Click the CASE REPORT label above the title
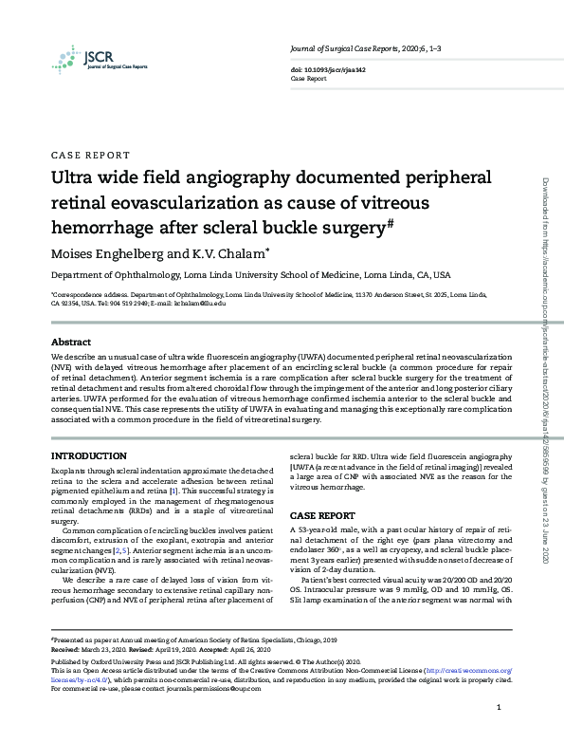point(90,154)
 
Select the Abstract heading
point(70,342)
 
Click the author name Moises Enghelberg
point(113,253)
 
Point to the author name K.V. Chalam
point(234,253)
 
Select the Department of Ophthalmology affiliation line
point(250,275)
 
